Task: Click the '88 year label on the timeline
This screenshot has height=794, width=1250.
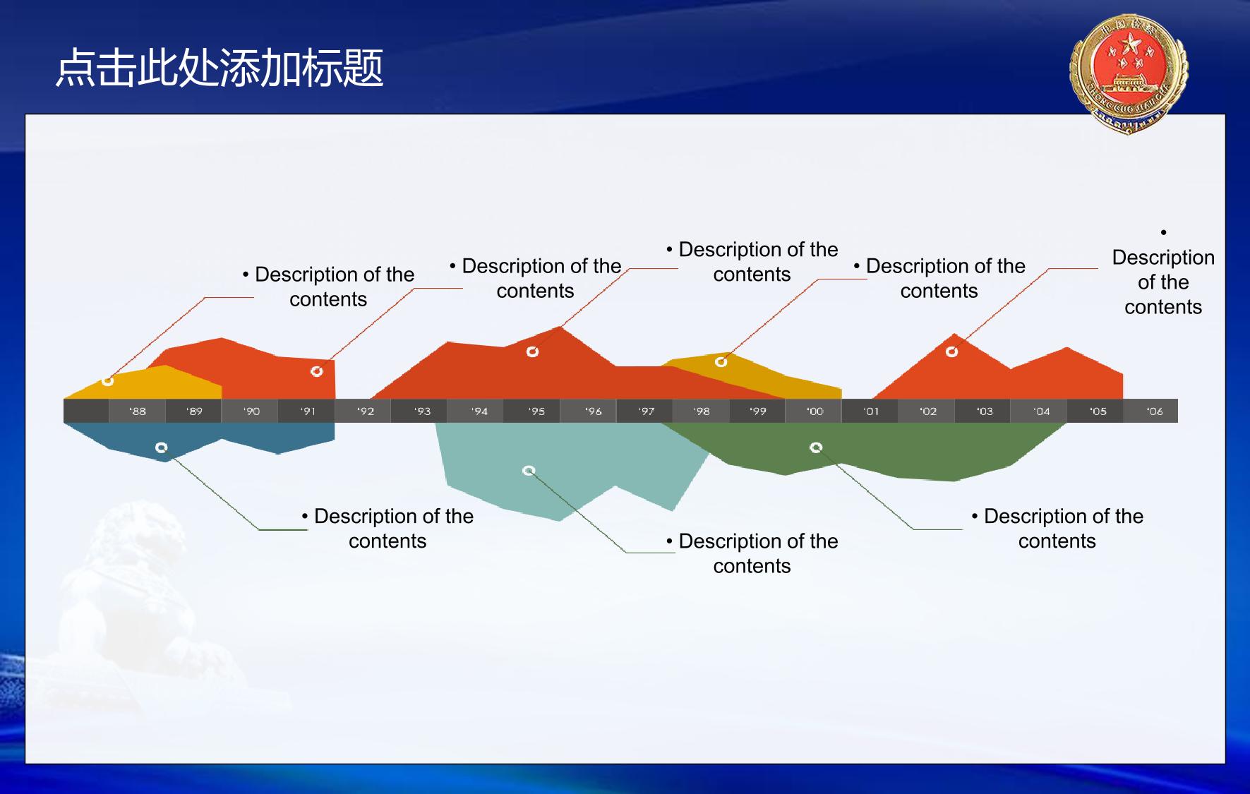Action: pyautogui.click(x=138, y=411)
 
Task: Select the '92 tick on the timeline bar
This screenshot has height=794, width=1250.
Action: pyautogui.click(x=366, y=411)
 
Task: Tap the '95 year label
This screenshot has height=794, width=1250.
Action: pyautogui.click(x=536, y=411)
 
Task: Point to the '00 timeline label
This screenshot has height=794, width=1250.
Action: pyautogui.click(x=815, y=411)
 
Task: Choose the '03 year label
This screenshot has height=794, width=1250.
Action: pyautogui.click(x=985, y=411)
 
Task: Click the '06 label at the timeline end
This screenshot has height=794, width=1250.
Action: pyautogui.click(x=1155, y=411)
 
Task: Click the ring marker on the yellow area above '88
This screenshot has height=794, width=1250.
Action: pyautogui.click(x=107, y=381)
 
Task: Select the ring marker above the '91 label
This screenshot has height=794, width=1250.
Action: pyautogui.click(x=317, y=371)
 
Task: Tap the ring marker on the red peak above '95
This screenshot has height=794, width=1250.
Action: pyautogui.click(x=533, y=351)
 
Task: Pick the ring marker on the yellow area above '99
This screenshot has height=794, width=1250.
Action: pyautogui.click(x=721, y=362)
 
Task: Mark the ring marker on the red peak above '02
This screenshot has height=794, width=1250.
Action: pyautogui.click(x=951, y=351)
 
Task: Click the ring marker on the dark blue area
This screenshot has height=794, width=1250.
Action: pyautogui.click(x=162, y=447)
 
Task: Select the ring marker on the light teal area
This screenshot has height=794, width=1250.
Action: pyautogui.click(x=529, y=471)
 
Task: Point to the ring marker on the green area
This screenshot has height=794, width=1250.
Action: pyautogui.click(x=816, y=447)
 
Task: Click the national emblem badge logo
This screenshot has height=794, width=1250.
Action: pyautogui.click(x=1129, y=74)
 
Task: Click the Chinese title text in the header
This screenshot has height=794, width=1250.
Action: pyautogui.click(x=220, y=68)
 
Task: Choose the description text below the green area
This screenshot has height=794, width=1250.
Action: pyautogui.click(x=1057, y=529)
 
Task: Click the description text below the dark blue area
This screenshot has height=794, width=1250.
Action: pyautogui.click(x=387, y=529)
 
